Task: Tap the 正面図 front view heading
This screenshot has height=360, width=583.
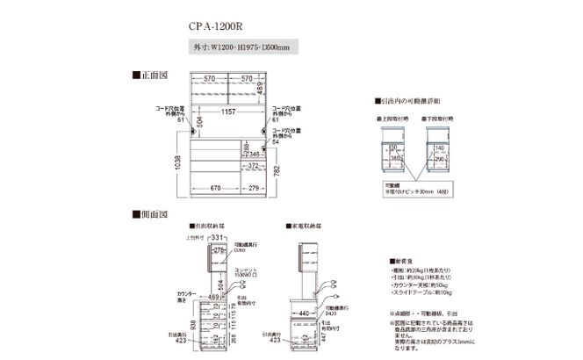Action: (149, 76)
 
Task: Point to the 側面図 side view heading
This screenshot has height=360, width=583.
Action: (149, 214)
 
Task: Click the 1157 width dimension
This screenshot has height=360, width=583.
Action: (230, 112)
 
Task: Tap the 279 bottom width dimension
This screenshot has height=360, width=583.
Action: (254, 188)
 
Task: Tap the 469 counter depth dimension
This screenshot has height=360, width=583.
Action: (212, 298)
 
